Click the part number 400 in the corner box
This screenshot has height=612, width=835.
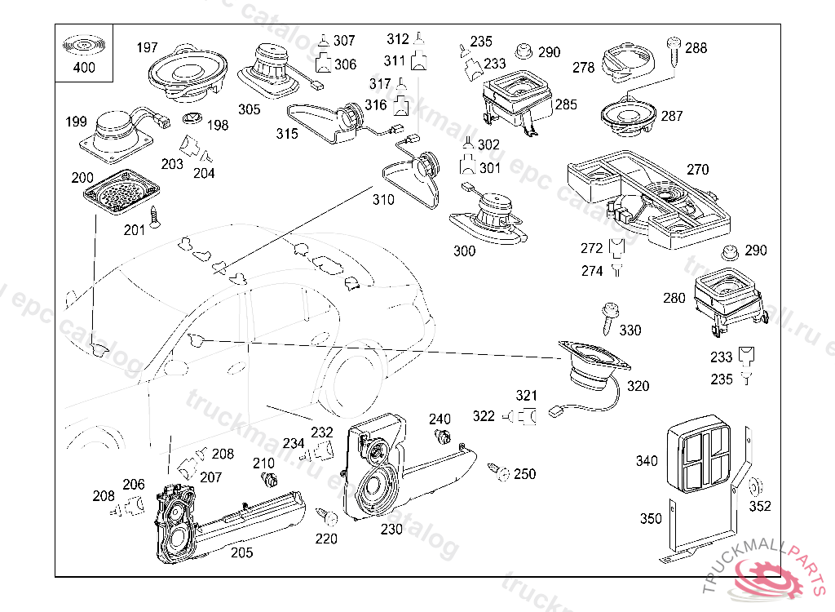pos(84,68)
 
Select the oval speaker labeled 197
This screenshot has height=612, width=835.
pos(187,73)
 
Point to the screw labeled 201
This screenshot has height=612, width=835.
pos(157,216)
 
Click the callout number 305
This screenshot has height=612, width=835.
pos(249,109)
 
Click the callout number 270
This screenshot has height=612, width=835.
pos(697,170)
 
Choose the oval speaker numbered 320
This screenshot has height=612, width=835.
pos(593,368)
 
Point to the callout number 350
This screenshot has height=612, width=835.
pos(651,518)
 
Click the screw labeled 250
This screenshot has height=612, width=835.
pos(496,470)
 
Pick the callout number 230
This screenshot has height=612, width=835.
pos(391,528)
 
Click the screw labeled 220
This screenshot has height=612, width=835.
pos(328,517)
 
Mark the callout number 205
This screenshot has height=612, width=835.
pos(241,552)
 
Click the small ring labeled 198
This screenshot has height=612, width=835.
pos(192,117)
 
